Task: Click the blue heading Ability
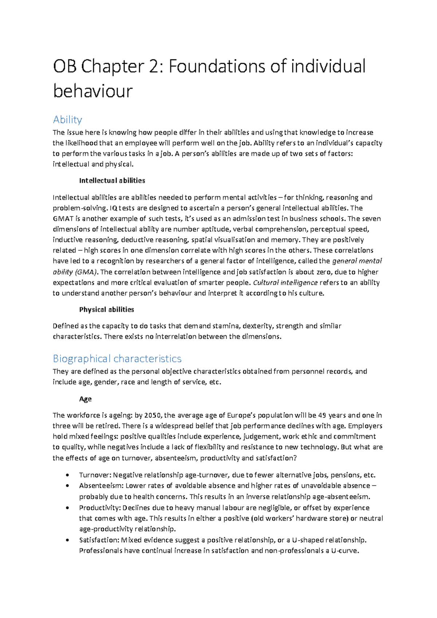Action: tap(67, 120)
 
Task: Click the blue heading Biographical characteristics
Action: tap(117, 359)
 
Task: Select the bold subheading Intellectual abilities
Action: tap(112, 180)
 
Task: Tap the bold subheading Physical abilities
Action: tap(106, 309)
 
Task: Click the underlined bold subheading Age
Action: tap(85, 399)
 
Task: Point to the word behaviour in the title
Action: tap(92, 91)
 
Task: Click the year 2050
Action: tap(153, 415)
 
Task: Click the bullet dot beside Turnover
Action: tap(67, 475)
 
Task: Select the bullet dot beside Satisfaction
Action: tap(67, 540)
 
